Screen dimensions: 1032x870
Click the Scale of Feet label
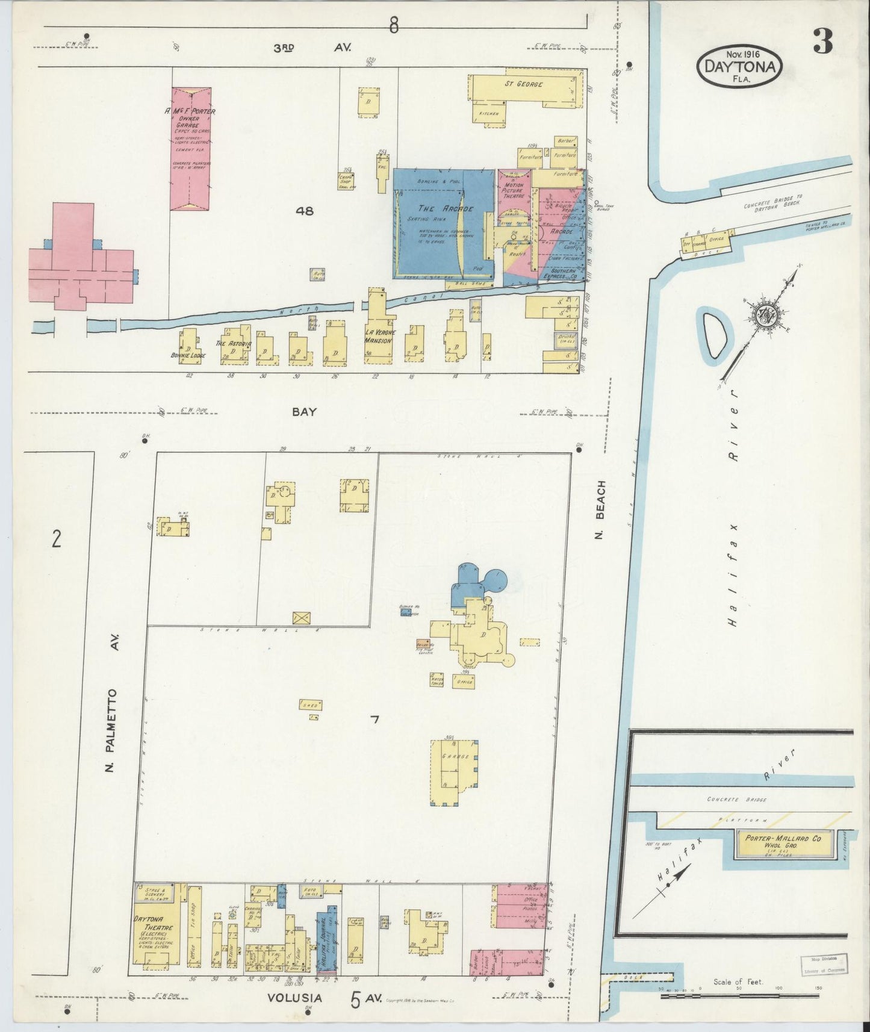(x=738, y=981)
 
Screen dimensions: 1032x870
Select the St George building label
(x=523, y=84)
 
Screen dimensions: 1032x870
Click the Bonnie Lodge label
(x=188, y=355)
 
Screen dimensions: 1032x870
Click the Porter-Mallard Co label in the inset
(x=783, y=838)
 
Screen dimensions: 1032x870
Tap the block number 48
(x=305, y=211)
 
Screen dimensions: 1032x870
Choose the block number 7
(x=374, y=719)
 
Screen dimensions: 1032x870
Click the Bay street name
(x=304, y=412)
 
